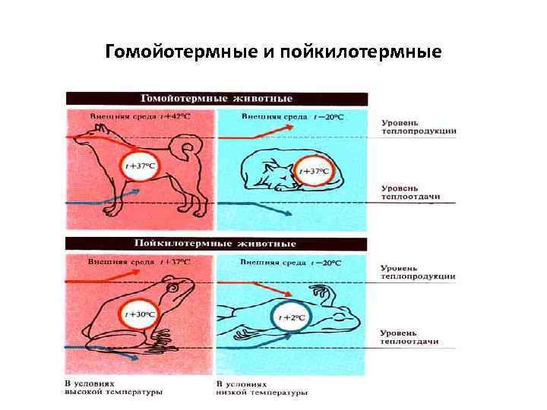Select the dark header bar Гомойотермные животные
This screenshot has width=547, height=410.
tap(217, 99)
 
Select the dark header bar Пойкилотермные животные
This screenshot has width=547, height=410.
tap(217, 244)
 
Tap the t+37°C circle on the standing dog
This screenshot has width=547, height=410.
tap(140, 165)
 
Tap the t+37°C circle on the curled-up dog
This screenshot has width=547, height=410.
tap(314, 172)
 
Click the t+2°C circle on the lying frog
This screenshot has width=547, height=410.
tap(292, 317)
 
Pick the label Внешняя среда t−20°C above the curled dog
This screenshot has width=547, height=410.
tap(292, 117)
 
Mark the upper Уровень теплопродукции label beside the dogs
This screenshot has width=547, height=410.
tap(418, 126)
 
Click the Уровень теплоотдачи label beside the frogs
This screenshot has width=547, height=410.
tap(409, 337)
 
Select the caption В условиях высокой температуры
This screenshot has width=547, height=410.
tap(114, 388)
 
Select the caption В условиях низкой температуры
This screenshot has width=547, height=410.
tap(262, 388)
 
